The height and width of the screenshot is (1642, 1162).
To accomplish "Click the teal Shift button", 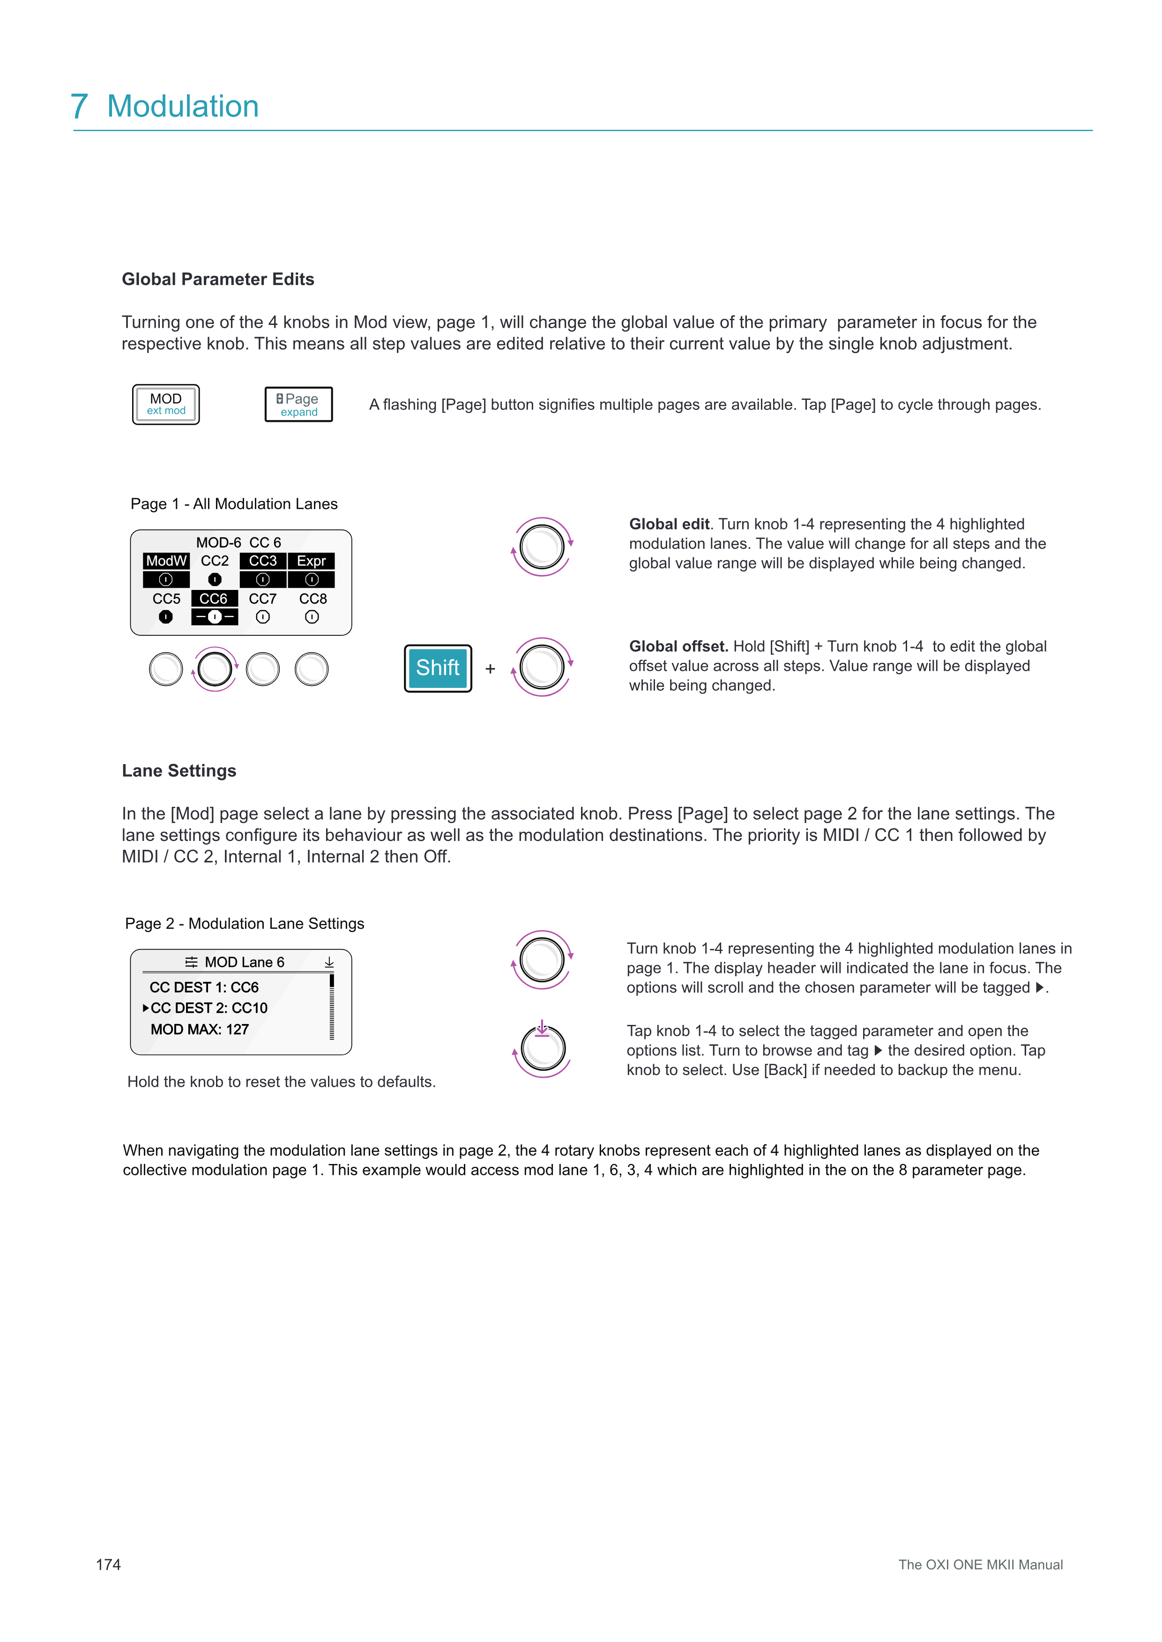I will coord(438,668).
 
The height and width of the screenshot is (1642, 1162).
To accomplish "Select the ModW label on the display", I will coord(166,561).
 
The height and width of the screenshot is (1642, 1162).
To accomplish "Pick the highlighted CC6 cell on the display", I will coord(214,598).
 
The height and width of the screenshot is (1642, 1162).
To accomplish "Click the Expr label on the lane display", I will coord(311,561).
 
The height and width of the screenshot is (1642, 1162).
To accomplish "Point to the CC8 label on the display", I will coord(313,598).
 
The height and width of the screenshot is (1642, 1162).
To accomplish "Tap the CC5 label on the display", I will coord(166,598).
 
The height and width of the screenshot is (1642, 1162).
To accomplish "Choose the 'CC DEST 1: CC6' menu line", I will coord(204,987).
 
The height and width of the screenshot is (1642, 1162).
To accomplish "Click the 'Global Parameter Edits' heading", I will coord(217,279).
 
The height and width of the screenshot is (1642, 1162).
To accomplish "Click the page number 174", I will coord(108,1564).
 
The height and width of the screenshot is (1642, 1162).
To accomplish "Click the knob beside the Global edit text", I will coord(542,547).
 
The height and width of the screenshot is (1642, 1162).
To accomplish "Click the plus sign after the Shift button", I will coord(490,669).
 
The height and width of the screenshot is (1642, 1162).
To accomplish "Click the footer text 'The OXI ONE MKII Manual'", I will coord(980,1564).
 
